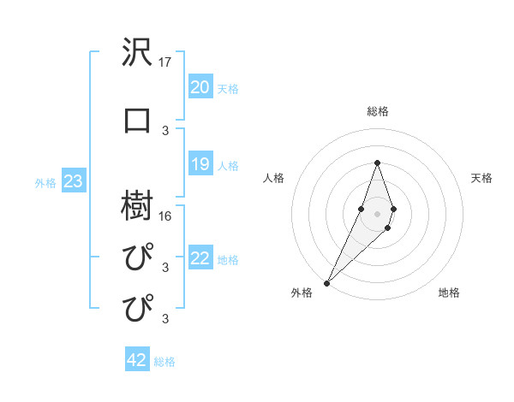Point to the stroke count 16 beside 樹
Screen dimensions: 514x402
(166, 216)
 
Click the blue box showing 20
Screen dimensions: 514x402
(200, 87)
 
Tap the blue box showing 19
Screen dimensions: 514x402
(200, 164)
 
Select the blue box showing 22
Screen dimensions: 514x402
(200, 258)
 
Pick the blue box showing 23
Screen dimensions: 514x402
(73, 181)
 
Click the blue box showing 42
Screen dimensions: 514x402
(137, 360)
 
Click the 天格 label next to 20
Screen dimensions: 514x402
(228, 89)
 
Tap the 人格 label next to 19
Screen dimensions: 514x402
(228, 166)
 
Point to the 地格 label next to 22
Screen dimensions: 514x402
(228, 260)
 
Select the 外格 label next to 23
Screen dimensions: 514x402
(45, 183)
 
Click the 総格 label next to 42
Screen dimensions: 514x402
(164, 362)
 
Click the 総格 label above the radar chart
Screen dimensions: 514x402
(378, 111)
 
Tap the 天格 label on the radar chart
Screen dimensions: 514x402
(482, 178)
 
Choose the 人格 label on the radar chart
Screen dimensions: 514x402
(273, 178)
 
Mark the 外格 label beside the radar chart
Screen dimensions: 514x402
(302, 293)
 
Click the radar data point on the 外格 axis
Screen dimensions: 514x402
(326, 282)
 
